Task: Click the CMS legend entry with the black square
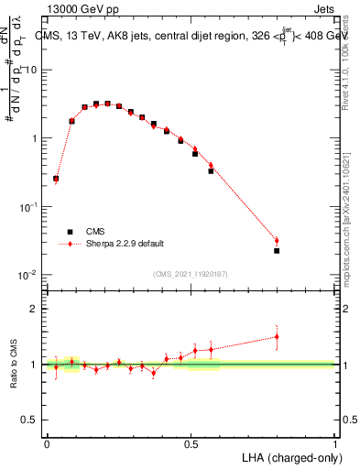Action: click(x=94, y=232)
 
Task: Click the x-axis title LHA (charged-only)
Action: click(x=290, y=456)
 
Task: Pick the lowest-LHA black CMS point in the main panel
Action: click(x=56, y=180)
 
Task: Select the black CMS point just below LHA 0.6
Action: click(x=211, y=170)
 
